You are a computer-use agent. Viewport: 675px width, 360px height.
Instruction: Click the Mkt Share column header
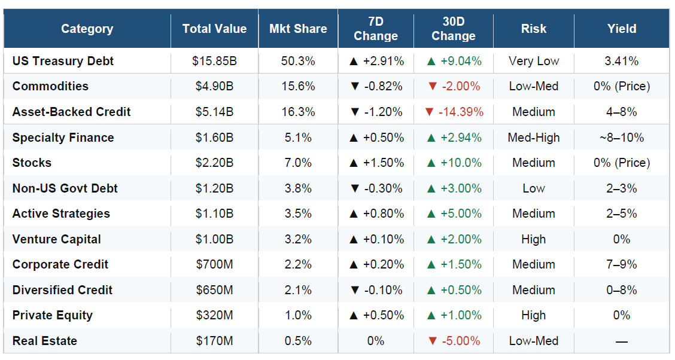pos(298,29)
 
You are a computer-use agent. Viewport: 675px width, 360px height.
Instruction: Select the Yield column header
pos(622,29)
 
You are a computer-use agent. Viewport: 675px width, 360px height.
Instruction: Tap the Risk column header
pos(533,29)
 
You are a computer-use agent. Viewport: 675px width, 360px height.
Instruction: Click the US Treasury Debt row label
pos(63,61)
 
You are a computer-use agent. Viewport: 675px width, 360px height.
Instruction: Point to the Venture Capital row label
pos(56,239)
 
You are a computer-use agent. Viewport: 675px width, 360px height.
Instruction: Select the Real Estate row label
pos(45,341)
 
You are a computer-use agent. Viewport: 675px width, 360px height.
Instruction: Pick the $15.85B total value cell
pos(214,61)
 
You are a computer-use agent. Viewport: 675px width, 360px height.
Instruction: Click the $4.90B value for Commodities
pos(214,87)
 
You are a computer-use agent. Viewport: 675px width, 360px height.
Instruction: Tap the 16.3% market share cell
pos(298,112)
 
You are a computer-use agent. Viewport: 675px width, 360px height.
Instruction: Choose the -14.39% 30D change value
pos(461,112)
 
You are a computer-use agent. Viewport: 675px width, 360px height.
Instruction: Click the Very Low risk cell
pos(533,61)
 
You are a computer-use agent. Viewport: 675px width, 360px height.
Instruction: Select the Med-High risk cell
pos(533,138)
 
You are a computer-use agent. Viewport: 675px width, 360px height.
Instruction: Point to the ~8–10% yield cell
pos(622,138)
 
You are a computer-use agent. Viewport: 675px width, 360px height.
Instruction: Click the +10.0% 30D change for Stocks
pos(461,163)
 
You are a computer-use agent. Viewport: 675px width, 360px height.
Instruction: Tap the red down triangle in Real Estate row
pos(432,341)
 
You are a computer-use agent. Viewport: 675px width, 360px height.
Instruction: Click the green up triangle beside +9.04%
pos(431,61)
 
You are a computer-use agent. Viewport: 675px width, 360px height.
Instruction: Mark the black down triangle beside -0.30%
pos(355,188)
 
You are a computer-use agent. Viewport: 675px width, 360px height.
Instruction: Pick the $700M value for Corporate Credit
pos(214,264)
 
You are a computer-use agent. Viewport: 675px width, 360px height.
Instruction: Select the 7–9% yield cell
pos(622,264)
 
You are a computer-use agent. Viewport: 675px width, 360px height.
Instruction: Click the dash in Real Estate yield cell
pos(622,342)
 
